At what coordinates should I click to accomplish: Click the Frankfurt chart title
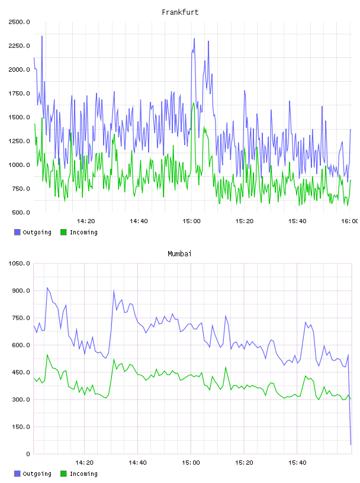click(x=180, y=12)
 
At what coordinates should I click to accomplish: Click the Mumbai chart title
click(x=179, y=254)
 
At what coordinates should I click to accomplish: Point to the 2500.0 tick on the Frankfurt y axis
click(x=19, y=22)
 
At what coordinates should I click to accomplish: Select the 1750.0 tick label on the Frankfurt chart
click(x=19, y=94)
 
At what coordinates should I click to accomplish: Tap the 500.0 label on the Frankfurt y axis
click(x=21, y=212)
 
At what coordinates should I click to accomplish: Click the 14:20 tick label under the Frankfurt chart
click(x=86, y=221)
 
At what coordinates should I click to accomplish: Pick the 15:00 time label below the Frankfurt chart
click(x=191, y=221)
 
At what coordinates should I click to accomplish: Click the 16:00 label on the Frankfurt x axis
click(x=350, y=221)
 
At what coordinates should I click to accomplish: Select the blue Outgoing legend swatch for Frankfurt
click(x=17, y=232)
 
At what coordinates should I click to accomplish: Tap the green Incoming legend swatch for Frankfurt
click(x=63, y=232)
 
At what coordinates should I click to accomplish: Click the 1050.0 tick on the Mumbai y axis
click(x=19, y=263)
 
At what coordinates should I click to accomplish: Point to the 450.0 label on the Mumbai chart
click(x=21, y=372)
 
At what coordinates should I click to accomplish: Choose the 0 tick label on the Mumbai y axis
click(x=28, y=454)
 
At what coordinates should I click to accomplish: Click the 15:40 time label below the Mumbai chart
click(x=297, y=463)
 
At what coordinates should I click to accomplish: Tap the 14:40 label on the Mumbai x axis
click(x=137, y=463)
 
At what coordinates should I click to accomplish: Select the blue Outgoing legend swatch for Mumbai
click(x=17, y=474)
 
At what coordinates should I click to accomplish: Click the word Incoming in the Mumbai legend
click(x=83, y=474)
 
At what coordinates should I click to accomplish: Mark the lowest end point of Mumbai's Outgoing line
click(x=351, y=445)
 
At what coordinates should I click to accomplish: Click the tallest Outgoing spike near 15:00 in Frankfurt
click(x=194, y=38)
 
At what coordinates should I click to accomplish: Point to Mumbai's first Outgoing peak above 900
click(x=47, y=288)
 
